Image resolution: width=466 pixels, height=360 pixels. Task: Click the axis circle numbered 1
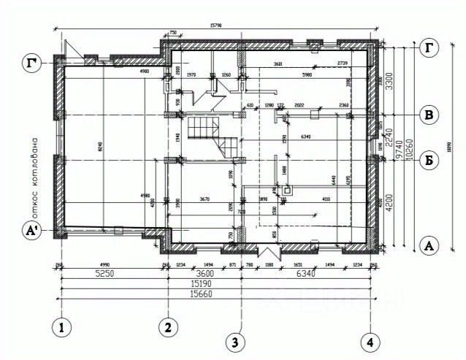click(63, 329)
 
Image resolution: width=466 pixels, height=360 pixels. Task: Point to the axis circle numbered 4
click(373, 340)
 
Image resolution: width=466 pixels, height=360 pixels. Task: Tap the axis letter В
click(431, 115)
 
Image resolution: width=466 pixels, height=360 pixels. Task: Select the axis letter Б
click(431, 159)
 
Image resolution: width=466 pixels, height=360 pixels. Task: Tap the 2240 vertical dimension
click(389, 136)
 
